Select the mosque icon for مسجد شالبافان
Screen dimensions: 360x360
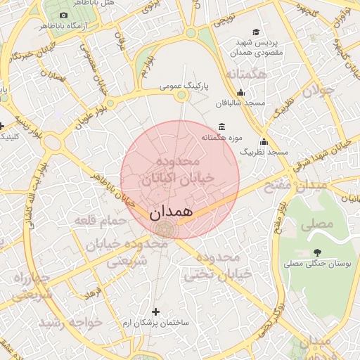tap(241, 92)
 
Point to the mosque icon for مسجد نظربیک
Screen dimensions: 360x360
tap(264, 141)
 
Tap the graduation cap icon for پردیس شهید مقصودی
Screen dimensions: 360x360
tap(256, 32)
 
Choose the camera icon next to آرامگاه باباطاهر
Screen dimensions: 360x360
tap(64, 15)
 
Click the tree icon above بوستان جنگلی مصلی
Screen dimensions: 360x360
tap(317, 252)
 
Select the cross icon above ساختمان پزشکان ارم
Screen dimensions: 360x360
tap(155, 311)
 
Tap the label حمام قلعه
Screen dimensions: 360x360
tap(101, 221)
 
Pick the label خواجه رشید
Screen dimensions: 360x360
tap(70, 321)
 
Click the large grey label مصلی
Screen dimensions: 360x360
tap(316, 226)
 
